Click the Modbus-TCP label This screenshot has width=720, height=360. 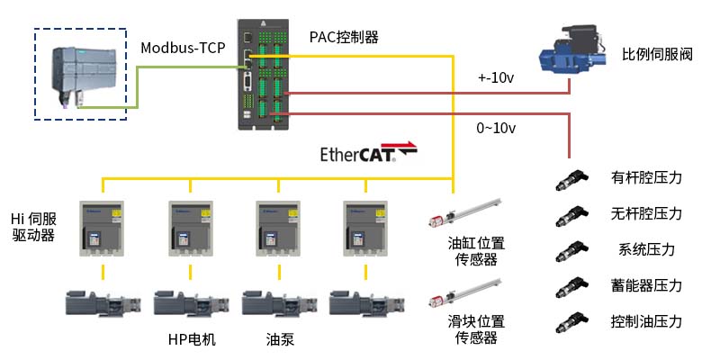pyautogui.click(x=183, y=48)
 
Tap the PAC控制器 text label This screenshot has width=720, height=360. pyautogui.click(x=344, y=38)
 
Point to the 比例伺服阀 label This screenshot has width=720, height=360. pyautogui.click(x=657, y=56)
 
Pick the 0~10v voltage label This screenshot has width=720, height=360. pyautogui.click(x=496, y=128)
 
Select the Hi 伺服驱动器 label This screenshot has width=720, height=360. pyautogui.click(x=34, y=227)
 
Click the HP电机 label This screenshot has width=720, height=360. pyautogui.click(x=192, y=339)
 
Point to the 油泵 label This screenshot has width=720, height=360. pyautogui.click(x=280, y=339)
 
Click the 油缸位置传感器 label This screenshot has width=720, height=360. pyautogui.click(x=476, y=251)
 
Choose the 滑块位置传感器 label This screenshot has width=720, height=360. pyautogui.click(x=476, y=329)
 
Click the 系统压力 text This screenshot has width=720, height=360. pyautogui.click(x=646, y=249)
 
